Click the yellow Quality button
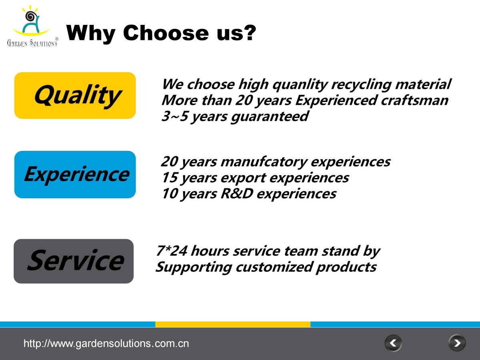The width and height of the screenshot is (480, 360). pos(75,96)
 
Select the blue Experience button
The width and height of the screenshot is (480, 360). pos(75,174)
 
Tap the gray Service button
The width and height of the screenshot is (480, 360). pos(74,261)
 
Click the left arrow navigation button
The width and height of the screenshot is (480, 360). pos(393,343)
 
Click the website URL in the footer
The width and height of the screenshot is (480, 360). pos(106,343)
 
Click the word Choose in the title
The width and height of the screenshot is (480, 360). pos(166,33)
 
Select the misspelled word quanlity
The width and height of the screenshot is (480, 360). pos(300,85)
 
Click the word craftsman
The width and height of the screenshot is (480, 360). pos(415,100)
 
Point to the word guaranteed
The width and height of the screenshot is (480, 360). pos(270,117)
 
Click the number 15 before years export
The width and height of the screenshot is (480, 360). pos(170,177)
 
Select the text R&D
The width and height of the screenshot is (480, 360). pos(237,194)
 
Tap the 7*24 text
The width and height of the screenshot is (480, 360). pos(172,250)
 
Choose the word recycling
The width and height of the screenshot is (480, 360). pos(361,85)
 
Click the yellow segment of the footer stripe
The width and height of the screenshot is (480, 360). pos(233,324)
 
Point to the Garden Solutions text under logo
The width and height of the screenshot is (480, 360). pos(32,43)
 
